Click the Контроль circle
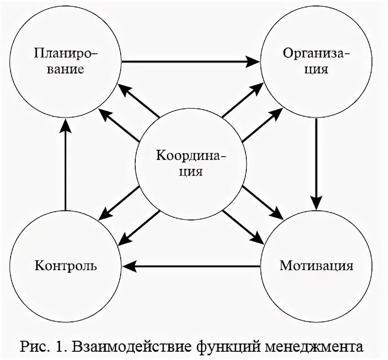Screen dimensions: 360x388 (x=66, y=266)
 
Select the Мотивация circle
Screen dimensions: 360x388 (x=316, y=266)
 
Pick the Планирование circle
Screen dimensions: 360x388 (x=66, y=62)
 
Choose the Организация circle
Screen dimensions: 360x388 (x=316, y=62)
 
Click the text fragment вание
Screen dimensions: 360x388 (x=66, y=70)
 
